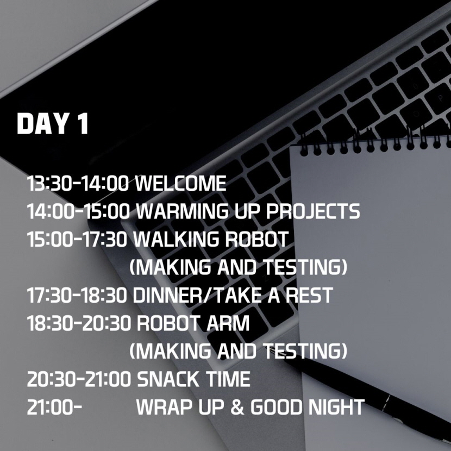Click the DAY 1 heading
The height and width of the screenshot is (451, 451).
coord(53,124)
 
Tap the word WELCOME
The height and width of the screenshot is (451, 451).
coord(180,183)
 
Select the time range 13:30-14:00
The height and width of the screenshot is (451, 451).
coord(78,183)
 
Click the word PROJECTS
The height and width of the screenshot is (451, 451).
coord(313,211)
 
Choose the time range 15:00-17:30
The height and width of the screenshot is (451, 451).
coord(77,239)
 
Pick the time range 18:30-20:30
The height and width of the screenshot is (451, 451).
coord(79,323)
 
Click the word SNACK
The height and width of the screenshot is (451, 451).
coord(168,379)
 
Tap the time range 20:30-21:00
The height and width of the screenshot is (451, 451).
coord(79,379)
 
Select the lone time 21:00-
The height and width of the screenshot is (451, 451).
coord(55,407)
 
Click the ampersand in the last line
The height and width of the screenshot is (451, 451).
coord(237,407)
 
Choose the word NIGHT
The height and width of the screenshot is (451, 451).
coord(336,407)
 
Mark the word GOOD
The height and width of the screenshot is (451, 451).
coord(277,407)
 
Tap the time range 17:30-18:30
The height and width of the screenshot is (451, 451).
coord(77,295)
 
